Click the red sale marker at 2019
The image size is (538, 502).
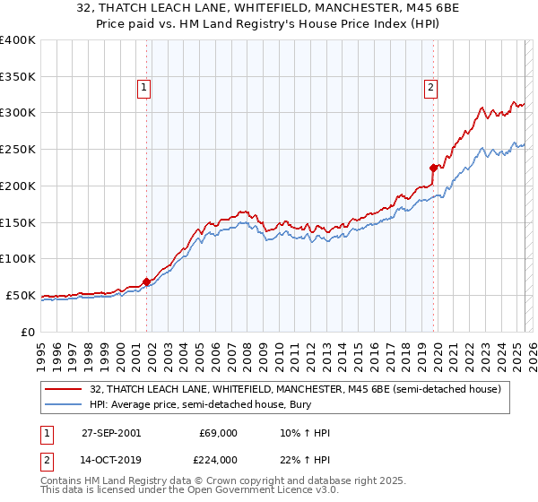point(433,167)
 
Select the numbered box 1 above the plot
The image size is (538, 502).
point(144,87)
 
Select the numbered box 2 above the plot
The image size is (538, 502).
point(431,87)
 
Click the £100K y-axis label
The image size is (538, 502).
point(18,258)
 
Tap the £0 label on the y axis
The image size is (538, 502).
point(27,332)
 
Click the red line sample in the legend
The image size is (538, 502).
point(65,389)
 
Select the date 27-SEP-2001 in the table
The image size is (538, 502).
point(111,433)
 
